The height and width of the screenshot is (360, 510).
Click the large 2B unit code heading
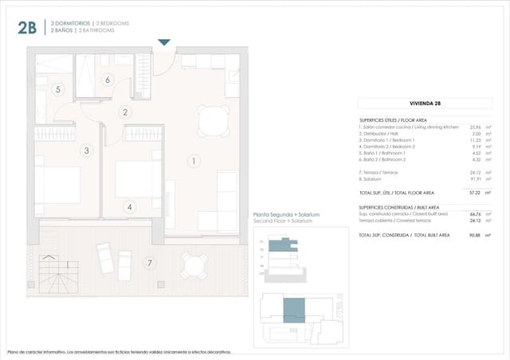click(26, 28)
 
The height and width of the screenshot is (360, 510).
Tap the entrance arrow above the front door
click(164, 42)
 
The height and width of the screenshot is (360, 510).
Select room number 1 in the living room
click(193, 161)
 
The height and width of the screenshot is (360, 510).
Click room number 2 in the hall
click(125, 112)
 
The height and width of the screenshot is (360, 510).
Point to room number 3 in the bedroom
click(86, 150)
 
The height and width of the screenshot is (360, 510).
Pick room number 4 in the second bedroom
click(129, 207)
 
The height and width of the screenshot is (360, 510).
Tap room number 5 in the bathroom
click(57, 89)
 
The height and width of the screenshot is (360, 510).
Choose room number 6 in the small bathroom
click(107, 79)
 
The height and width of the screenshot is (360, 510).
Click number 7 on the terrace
click(148, 262)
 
